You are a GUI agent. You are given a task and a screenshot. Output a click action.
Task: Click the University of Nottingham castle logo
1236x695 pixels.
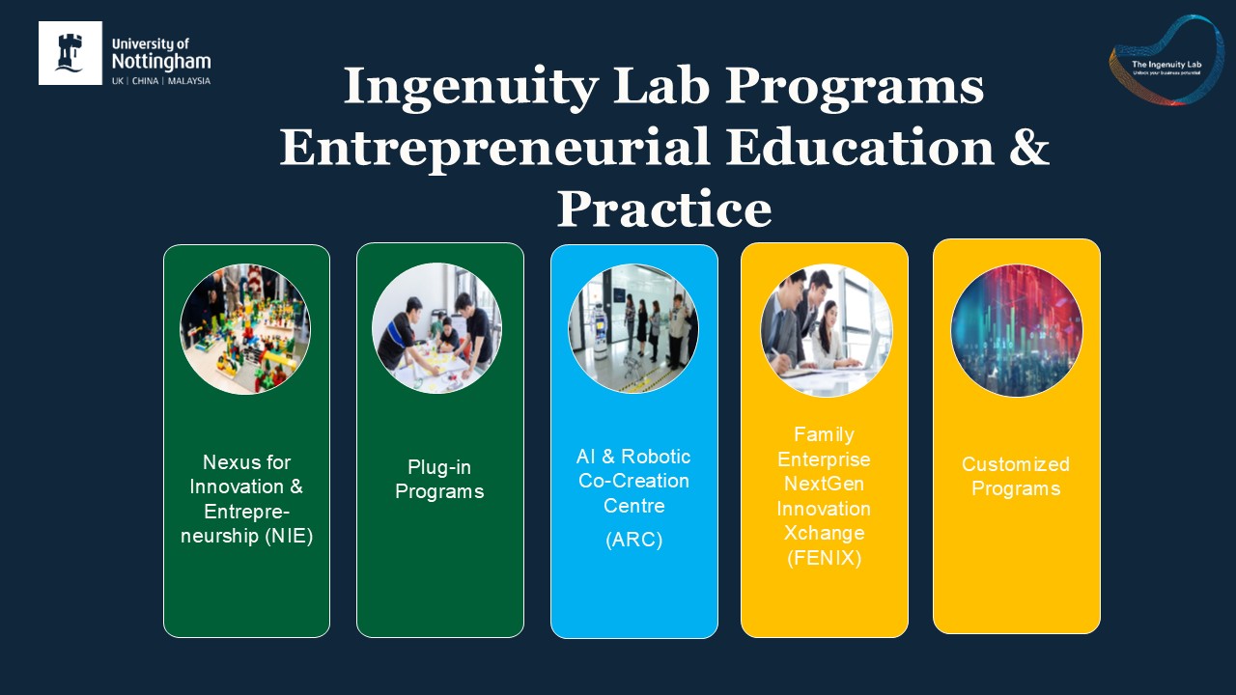tap(70, 53)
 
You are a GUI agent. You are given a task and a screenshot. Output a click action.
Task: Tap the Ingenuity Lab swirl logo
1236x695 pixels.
tap(1166, 60)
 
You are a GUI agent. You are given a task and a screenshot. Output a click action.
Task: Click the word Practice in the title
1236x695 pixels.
tap(664, 208)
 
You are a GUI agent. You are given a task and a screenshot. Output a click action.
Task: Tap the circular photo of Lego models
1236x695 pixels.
tap(245, 329)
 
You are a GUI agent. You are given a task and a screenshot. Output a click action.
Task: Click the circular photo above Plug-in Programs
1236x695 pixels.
tap(437, 328)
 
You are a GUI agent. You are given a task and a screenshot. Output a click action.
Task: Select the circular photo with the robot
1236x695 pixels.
tap(633, 329)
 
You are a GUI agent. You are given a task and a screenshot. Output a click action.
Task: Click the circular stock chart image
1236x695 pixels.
tap(1017, 330)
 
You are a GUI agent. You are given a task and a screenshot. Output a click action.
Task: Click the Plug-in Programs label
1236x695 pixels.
tap(439, 480)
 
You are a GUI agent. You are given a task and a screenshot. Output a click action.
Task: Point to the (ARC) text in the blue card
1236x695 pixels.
tap(633, 541)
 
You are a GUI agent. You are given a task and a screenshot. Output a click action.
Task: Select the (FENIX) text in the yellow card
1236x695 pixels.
tap(824, 557)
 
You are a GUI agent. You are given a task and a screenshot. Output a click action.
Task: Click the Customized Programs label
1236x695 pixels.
tap(1016, 477)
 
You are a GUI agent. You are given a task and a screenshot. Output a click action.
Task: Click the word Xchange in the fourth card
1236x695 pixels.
tap(824, 533)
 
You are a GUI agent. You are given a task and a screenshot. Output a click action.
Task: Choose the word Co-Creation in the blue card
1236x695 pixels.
tap(633, 481)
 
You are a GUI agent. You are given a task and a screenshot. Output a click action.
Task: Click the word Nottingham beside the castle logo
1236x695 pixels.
tap(161, 61)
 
